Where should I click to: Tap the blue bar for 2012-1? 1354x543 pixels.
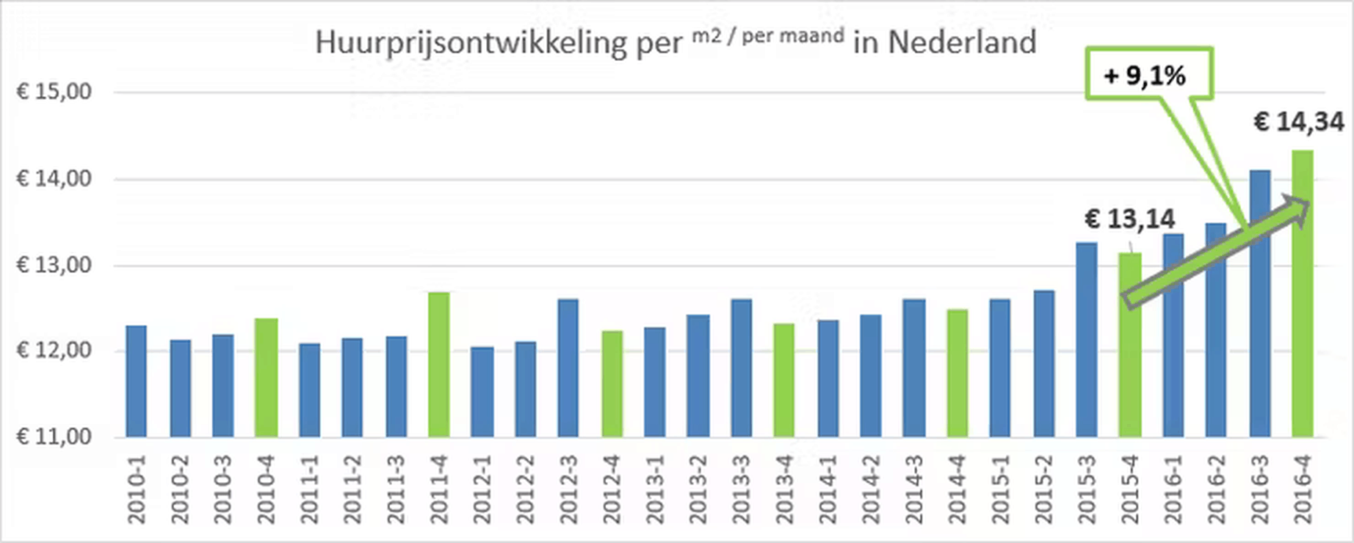(x=482, y=392)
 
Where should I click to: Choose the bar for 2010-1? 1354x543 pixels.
(x=137, y=382)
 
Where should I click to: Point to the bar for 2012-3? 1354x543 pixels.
(x=568, y=368)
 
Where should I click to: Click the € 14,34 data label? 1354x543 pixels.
(x=1298, y=122)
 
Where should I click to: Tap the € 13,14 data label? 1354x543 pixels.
(x=1129, y=219)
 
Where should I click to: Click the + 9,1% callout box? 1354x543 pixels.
(x=1148, y=74)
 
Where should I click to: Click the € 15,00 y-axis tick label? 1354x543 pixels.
(x=54, y=92)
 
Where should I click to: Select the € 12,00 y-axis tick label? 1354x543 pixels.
(x=54, y=350)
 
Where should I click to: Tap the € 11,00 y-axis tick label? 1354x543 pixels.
(x=54, y=437)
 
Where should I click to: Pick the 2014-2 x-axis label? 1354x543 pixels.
(x=871, y=489)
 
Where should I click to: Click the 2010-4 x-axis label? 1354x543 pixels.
(x=267, y=489)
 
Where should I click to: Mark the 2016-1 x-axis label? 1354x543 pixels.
(x=1173, y=489)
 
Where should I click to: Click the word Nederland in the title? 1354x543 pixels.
(x=962, y=43)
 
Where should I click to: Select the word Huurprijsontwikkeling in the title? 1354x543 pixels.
(x=471, y=43)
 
